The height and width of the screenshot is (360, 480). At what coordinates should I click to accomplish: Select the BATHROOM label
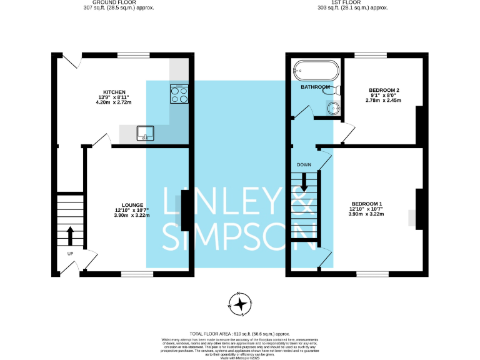pyautogui.click(x=315, y=87)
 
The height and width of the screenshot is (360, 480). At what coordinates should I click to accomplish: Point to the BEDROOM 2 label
pyautogui.click(x=384, y=90)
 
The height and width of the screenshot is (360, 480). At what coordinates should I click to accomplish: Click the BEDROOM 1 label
pyautogui.click(x=366, y=204)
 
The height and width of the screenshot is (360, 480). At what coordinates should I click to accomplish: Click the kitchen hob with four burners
pyautogui.click(x=179, y=94)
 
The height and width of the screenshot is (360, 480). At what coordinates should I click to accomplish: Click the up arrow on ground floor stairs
pyautogui.click(x=69, y=237)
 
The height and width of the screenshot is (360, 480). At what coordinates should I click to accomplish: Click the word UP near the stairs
pyautogui.click(x=71, y=254)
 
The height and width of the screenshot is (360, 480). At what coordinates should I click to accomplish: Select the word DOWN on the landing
pyautogui.click(x=304, y=165)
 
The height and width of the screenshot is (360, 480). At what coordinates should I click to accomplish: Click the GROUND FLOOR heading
pyautogui.click(x=119, y=3)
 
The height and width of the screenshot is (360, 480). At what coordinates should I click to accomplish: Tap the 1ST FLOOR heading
pyautogui.click(x=352, y=3)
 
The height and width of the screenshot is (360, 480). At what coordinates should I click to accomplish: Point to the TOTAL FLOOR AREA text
pyautogui.click(x=239, y=334)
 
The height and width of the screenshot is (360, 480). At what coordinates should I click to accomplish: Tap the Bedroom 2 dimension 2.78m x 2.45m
pyautogui.click(x=384, y=101)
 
